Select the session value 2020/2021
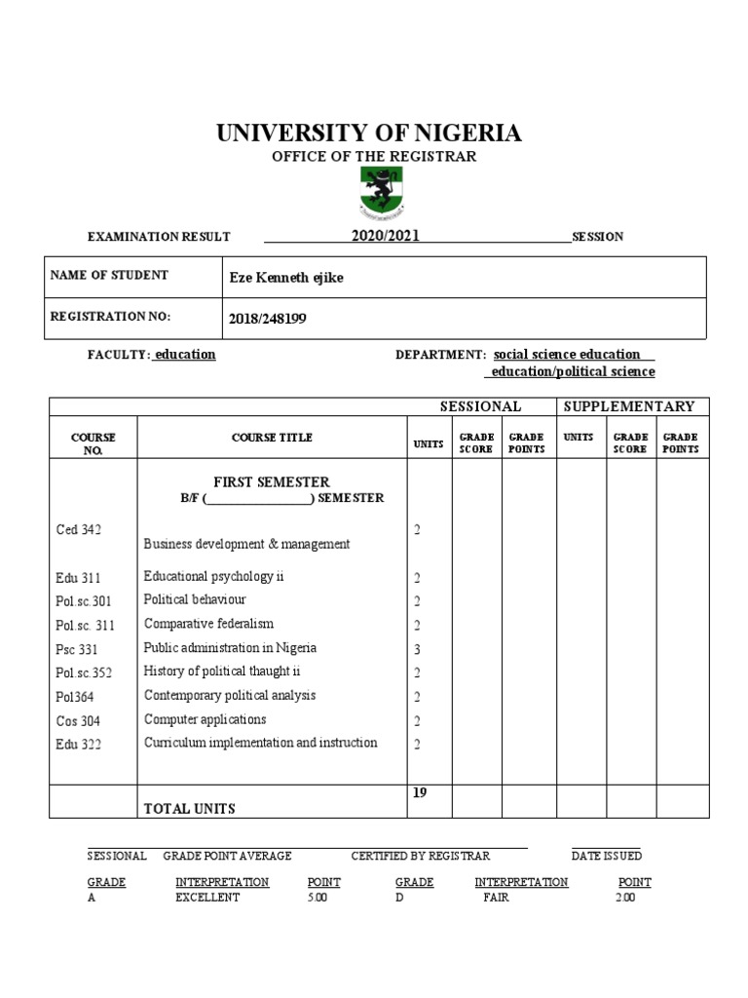(x=386, y=236)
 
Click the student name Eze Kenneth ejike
(x=285, y=278)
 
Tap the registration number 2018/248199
(x=267, y=318)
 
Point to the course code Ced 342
(x=79, y=529)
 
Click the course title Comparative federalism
(x=208, y=624)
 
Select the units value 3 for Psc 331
(x=417, y=649)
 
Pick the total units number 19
(x=420, y=793)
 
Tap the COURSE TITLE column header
(x=272, y=438)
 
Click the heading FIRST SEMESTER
(x=272, y=481)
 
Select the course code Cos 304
(x=78, y=721)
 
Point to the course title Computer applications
(x=205, y=719)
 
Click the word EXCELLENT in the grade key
(x=207, y=898)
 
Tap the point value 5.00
(x=318, y=898)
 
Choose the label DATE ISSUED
(x=606, y=856)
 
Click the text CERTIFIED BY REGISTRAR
(x=420, y=856)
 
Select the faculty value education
(x=185, y=355)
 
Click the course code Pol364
(x=76, y=697)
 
